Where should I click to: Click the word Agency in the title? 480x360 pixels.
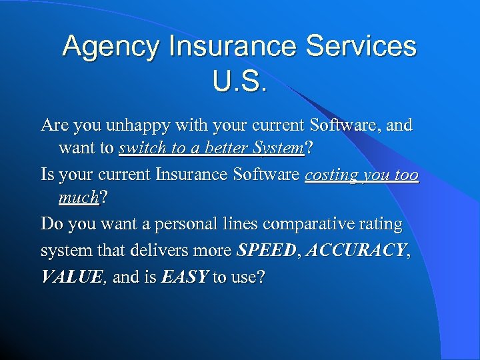pos(111,47)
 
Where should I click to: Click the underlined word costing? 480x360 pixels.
pos(331,175)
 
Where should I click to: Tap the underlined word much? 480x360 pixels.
pos(78,199)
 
